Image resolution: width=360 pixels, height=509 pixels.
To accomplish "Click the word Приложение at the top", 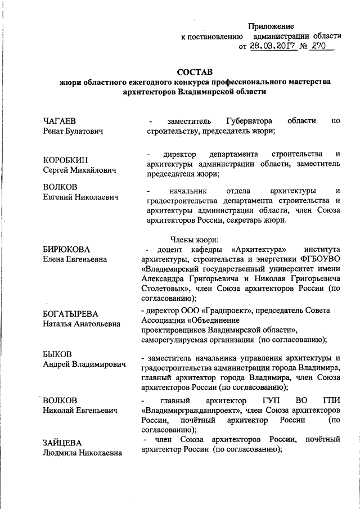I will (272, 26).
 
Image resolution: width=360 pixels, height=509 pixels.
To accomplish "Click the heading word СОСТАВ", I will (195, 72).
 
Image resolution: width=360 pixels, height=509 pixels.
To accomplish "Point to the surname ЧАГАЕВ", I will (60, 121).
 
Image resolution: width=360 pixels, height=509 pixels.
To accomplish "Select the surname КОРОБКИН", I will (65, 160).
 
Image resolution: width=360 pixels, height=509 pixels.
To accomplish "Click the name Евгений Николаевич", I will (81, 196).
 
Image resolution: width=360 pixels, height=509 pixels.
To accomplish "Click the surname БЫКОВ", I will (58, 354).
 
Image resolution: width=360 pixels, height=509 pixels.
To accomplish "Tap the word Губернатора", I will (249, 121).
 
